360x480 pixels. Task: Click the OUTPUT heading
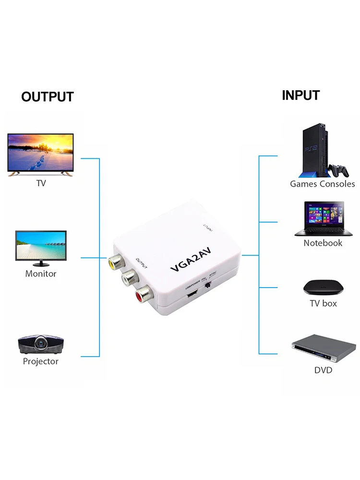click(47, 96)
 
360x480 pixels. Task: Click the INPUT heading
click(300, 95)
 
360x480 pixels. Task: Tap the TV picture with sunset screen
click(40, 154)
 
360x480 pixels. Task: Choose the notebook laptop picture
click(323, 219)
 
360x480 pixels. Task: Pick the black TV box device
click(323, 287)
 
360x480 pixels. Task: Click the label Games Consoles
click(322, 184)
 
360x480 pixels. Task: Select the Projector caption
click(40, 361)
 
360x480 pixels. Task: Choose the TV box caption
click(323, 303)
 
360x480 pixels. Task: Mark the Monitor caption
click(41, 274)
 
